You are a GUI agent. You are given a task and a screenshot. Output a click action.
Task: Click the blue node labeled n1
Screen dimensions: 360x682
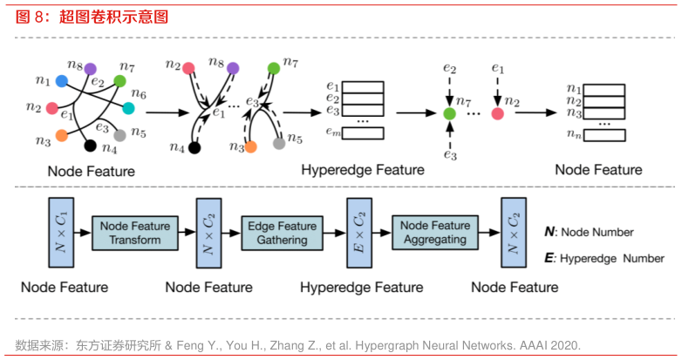click(61, 81)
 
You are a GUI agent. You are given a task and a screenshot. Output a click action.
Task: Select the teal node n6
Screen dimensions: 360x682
click(129, 108)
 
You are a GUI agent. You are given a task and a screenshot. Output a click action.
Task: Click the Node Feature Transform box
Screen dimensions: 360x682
click(135, 233)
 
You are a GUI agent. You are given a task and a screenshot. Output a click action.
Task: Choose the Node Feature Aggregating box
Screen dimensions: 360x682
click(434, 233)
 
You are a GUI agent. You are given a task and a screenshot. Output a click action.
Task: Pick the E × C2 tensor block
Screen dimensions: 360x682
click(356, 233)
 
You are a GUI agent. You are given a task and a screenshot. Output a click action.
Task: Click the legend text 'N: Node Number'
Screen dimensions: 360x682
click(589, 233)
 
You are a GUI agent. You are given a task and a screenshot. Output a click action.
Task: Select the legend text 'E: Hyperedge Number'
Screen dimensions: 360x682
click(601, 258)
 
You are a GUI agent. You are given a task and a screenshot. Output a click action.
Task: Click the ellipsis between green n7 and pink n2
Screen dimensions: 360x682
click(474, 113)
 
